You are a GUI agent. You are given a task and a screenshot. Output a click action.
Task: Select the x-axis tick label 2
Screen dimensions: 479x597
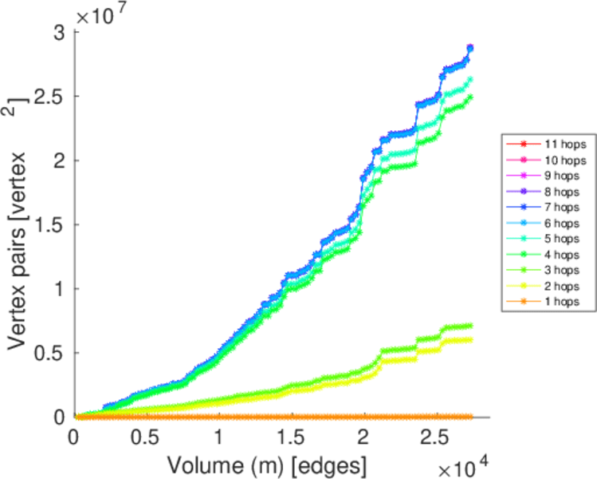pyautogui.click(x=363, y=438)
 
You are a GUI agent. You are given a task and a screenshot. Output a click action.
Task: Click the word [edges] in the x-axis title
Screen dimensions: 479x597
pyautogui.click(x=332, y=463)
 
